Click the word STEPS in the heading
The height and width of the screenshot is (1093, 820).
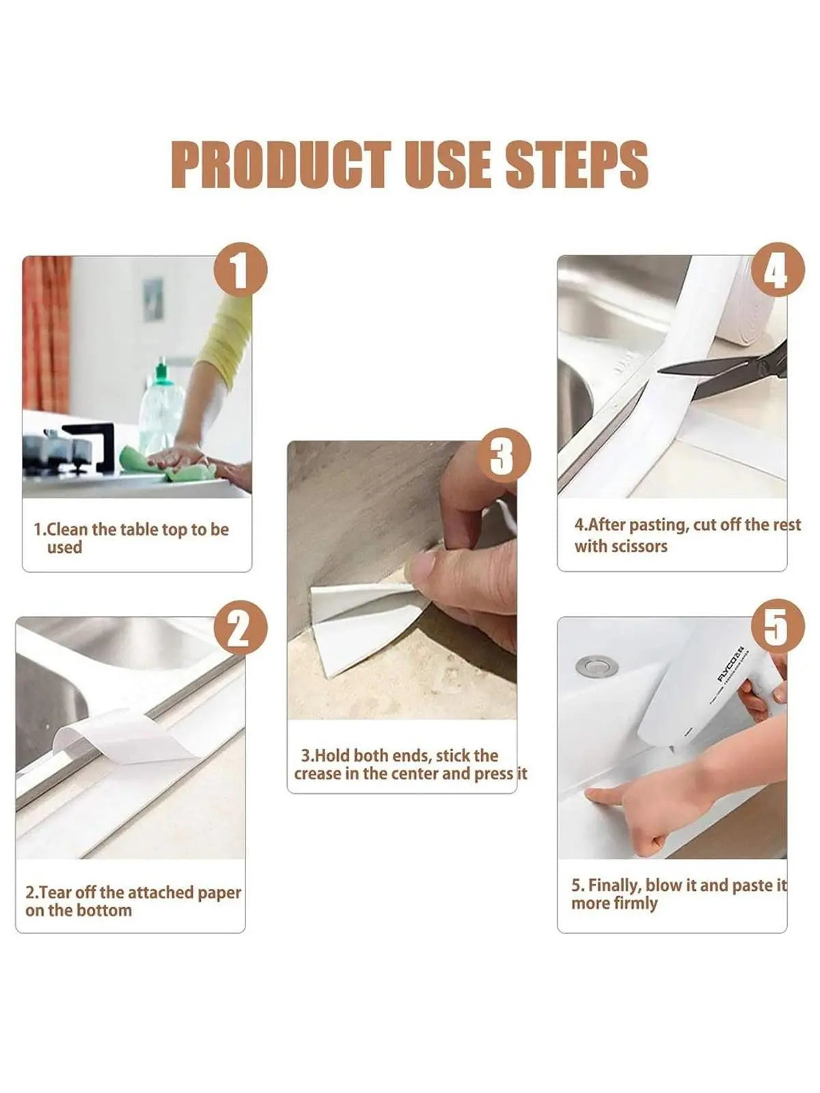pyautogui.click(x=577, y=165)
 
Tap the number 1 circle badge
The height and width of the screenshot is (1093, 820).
pyautogui.click(x=241, y=270)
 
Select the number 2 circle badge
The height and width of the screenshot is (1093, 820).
pyautogui.click(x=241, y=629)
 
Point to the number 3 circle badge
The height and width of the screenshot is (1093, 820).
pyautogui.click(x=504, y=456)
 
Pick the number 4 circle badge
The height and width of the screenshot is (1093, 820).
pyautogui.click(x=777, y=270)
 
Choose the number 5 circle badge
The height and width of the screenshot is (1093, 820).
pyautogui.click(x=777, y=626)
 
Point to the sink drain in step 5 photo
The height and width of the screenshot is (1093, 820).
pyautogui.click(x=597, y=666)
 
